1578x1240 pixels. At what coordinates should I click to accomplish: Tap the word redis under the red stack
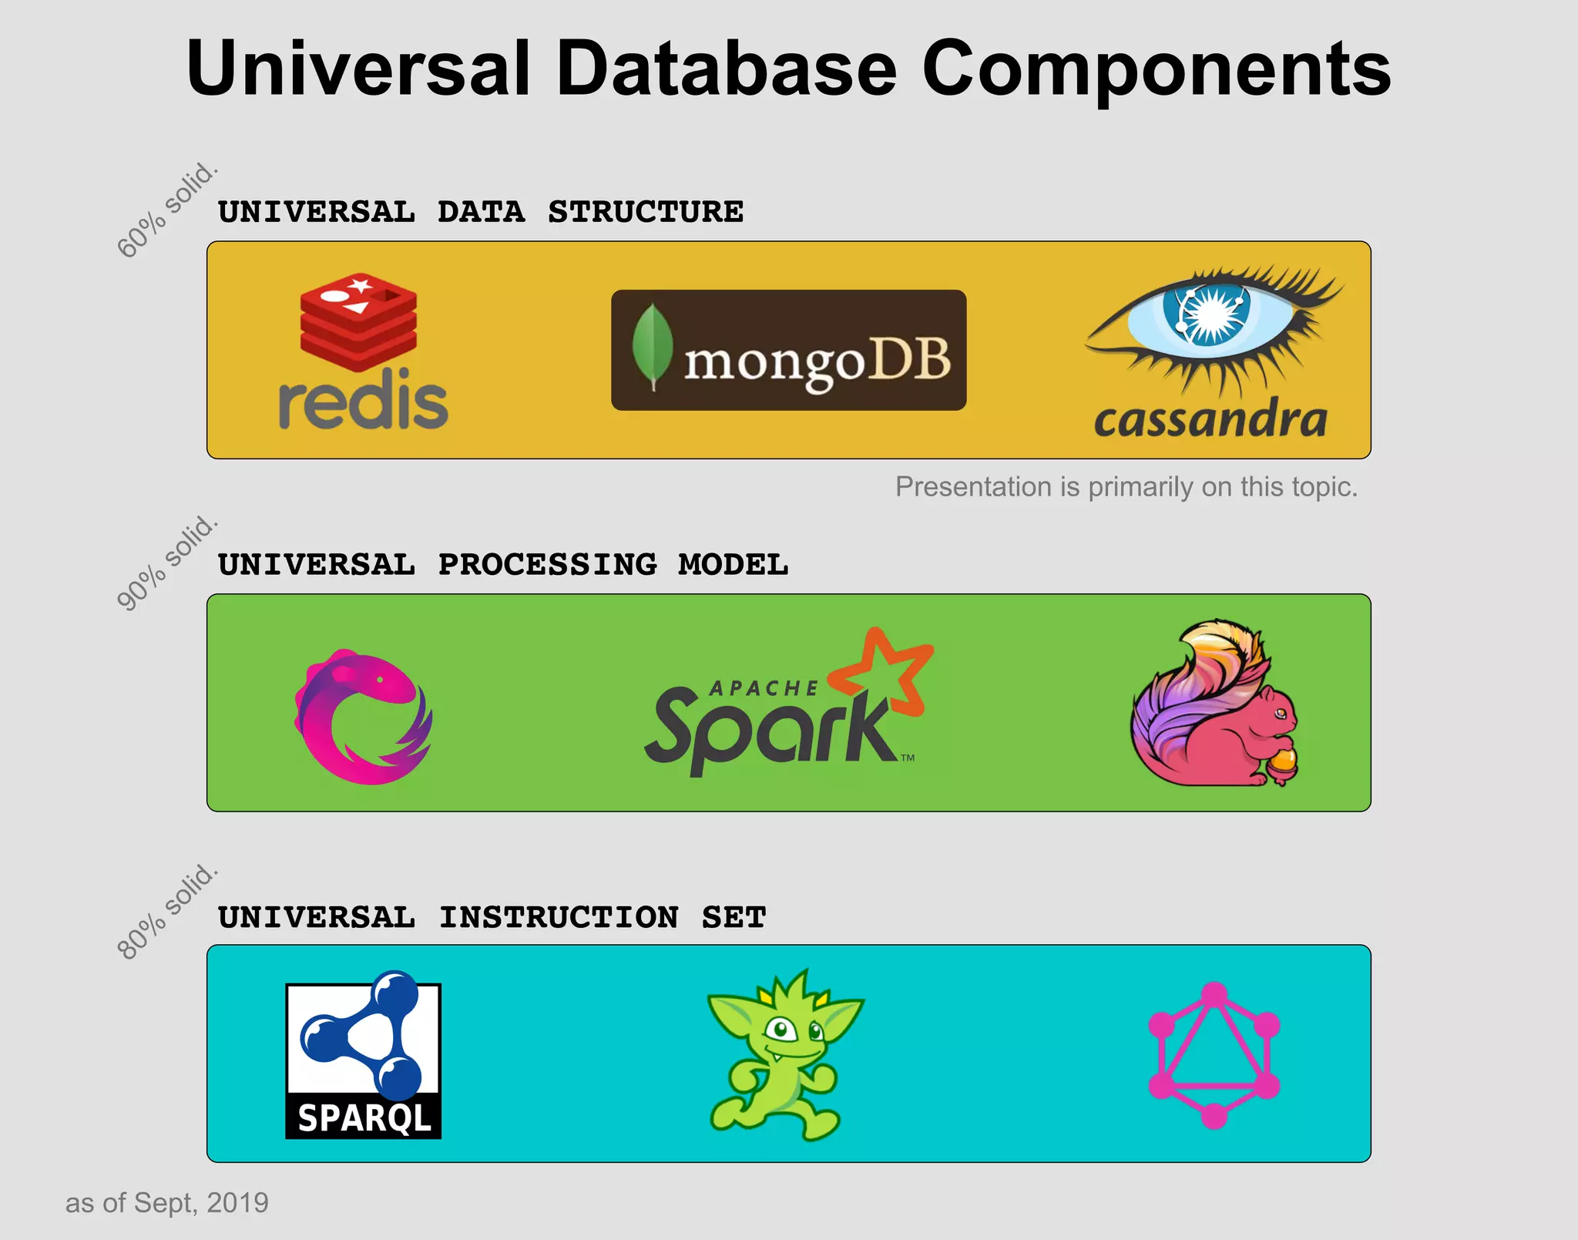point(363,403)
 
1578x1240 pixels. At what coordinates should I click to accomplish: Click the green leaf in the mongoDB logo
point(652,347)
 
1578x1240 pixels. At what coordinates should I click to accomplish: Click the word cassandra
point(1210,420)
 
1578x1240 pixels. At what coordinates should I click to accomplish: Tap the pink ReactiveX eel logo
point(363,717)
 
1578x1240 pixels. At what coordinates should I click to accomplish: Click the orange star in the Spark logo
point(886,670)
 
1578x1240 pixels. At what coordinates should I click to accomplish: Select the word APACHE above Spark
point(764,688)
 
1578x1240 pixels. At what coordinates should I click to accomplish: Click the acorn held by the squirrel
point(1282,764)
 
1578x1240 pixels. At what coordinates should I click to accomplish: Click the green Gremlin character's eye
point(781,1028)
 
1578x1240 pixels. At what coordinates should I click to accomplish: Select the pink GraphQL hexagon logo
point(1214,1055)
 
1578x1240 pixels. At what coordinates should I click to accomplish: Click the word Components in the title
point(1156,69)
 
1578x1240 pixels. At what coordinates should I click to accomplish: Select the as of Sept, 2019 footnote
point(166,1202)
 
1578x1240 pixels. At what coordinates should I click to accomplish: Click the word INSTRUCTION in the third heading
point(559,917)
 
